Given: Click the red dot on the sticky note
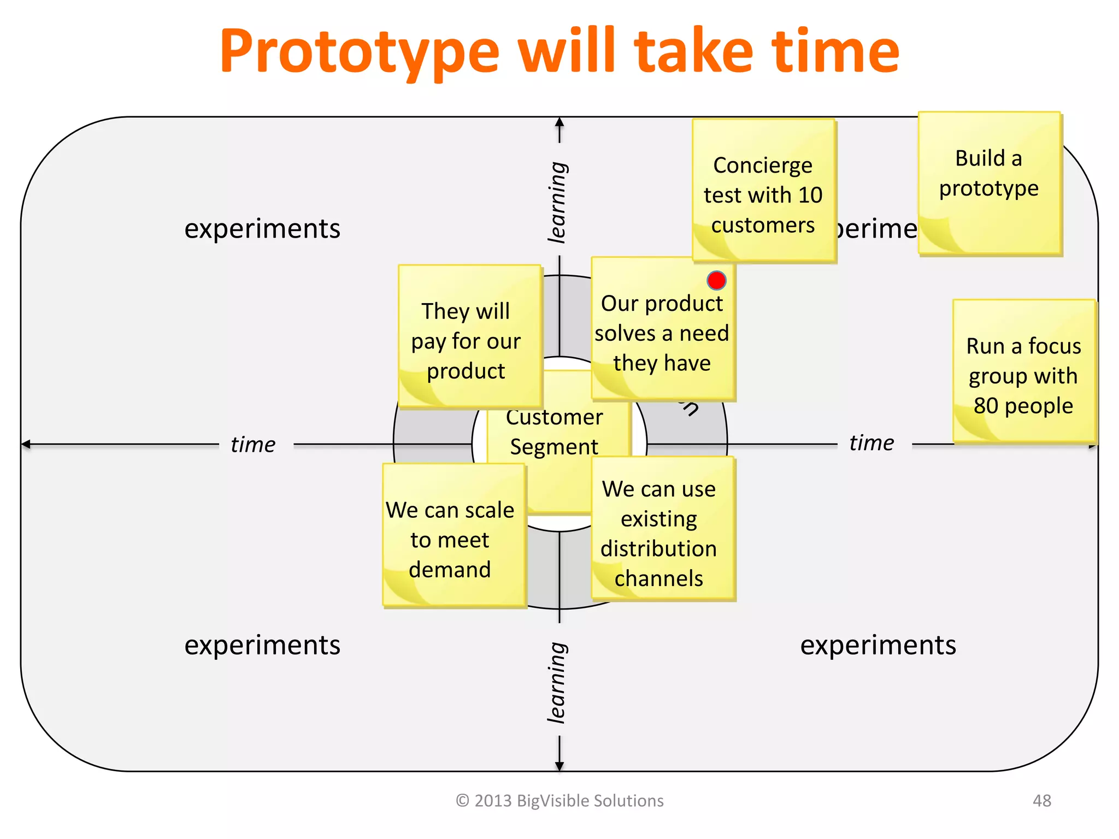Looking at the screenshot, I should click(x=716, y=280).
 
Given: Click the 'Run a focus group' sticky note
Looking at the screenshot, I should click(x=1023, y=376).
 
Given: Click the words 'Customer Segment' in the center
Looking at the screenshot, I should click(x=554, y=432).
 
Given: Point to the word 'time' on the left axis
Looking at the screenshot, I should click(x=252, y=444).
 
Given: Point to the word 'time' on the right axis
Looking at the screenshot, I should click(x=871, y=442).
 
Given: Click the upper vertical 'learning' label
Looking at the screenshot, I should click(x=558, y=202).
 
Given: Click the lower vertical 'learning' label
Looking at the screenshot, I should click(x=558, y=683).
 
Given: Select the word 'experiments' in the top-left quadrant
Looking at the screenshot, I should click(x=262, y=228).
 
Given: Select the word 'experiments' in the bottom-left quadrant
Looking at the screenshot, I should click(x=262, y=645).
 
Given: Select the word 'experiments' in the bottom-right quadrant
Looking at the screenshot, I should click(x=878, y=645).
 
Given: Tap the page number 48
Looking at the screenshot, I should click(x=1041, y=801).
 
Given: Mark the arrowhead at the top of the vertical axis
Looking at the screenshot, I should click(x=559, y=122).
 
